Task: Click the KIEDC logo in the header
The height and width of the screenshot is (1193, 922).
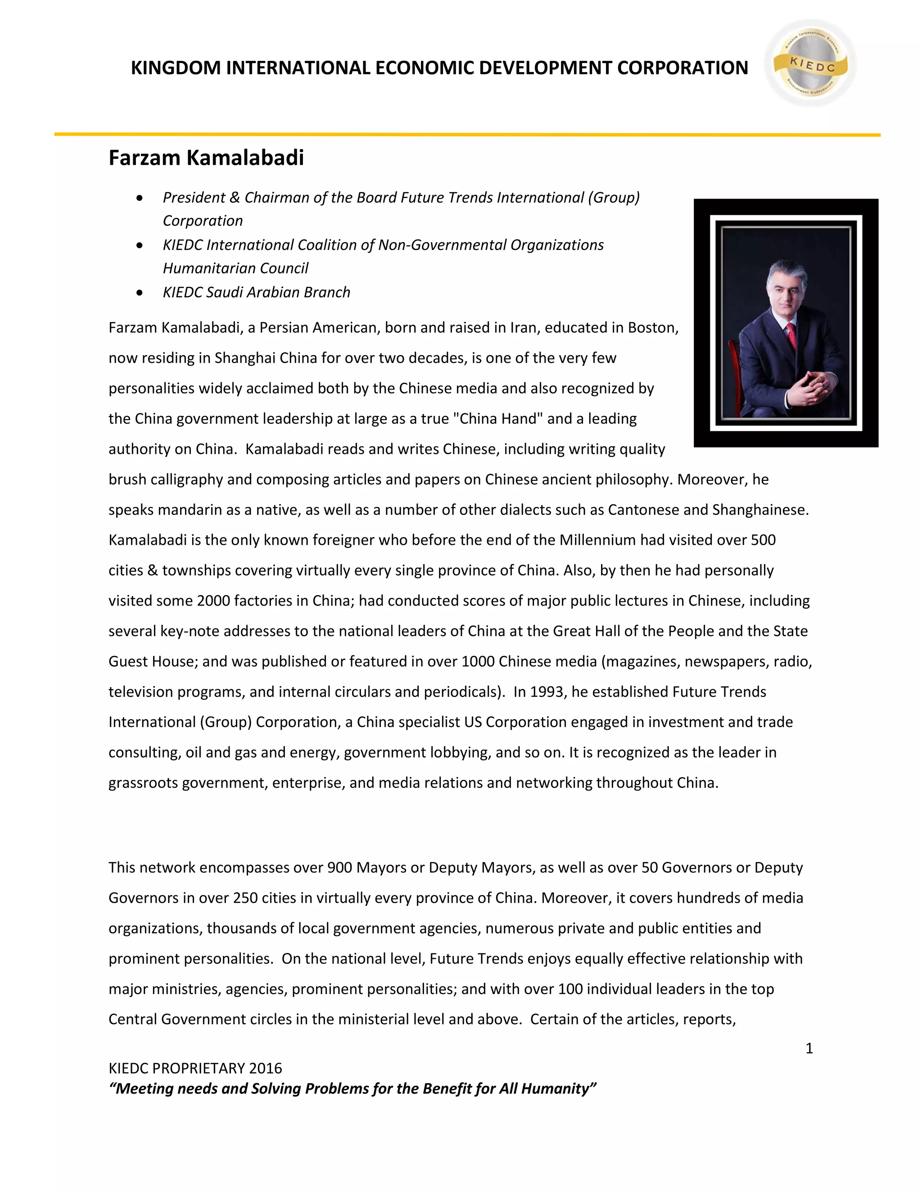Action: (x=810, y=64)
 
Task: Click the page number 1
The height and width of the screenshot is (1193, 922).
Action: (x=809, y=1048)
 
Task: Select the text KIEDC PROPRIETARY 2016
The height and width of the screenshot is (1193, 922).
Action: (x=195, y=1068)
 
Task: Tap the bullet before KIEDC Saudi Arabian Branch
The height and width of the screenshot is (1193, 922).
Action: (x=140, y=293)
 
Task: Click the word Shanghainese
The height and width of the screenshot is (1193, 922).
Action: (x=759, y=510)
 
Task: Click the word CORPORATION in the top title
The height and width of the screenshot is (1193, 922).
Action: (x=682, y=68)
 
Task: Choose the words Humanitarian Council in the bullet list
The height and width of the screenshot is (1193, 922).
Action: (x=235, y=268)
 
